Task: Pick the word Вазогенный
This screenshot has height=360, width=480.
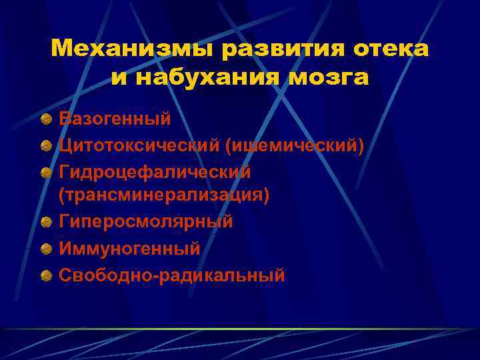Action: pyautogui.click(x=115, y=119)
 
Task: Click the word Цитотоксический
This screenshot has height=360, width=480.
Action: pyautogui.click(x=137, y=145)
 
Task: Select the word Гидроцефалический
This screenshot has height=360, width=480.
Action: pyautogui.click(x=155, y=171)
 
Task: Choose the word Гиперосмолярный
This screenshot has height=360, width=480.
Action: pyautogui.click(x=146, y=222)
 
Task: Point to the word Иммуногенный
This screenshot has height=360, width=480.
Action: pyautogui.click(x=129, y=248)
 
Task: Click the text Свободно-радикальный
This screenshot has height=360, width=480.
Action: pyautogui.click(x=172, y=274)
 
